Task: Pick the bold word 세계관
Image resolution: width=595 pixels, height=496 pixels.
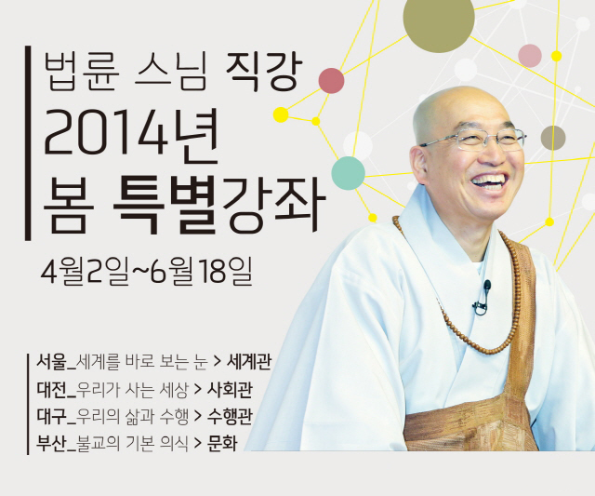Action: point(248,362)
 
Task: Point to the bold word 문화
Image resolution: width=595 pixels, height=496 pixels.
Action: point(222,444)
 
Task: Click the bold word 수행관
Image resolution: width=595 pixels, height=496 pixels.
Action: point(230,417)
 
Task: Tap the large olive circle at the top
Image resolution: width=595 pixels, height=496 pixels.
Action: point(439,18)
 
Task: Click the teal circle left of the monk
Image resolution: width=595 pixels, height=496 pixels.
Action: point(349,173)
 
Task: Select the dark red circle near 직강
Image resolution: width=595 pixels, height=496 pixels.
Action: point(331,81)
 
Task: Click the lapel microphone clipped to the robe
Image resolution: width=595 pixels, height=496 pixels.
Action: point(482,298)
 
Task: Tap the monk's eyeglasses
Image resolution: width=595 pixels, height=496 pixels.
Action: point(474,140)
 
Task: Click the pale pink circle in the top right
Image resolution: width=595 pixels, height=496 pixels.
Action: point(530,56)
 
